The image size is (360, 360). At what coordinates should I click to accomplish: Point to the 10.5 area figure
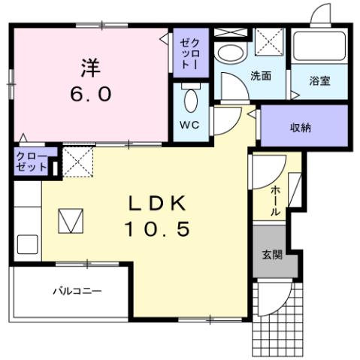(x=159, y=228)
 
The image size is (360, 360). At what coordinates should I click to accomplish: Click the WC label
(x=189, y=125)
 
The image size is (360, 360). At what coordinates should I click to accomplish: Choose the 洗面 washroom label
(x=262, y=76)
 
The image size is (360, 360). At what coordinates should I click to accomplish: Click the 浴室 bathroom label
(x=319, y=80)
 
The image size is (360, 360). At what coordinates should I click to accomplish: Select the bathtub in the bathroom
(x=319, y=47)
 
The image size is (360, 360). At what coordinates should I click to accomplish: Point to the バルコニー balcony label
(x=76, y=290)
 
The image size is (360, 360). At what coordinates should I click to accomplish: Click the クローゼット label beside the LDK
(x=31, y=162)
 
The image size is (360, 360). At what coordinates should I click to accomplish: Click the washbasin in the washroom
(x=229, y=53)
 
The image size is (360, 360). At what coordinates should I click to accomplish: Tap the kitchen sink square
(x=27, y=244)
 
